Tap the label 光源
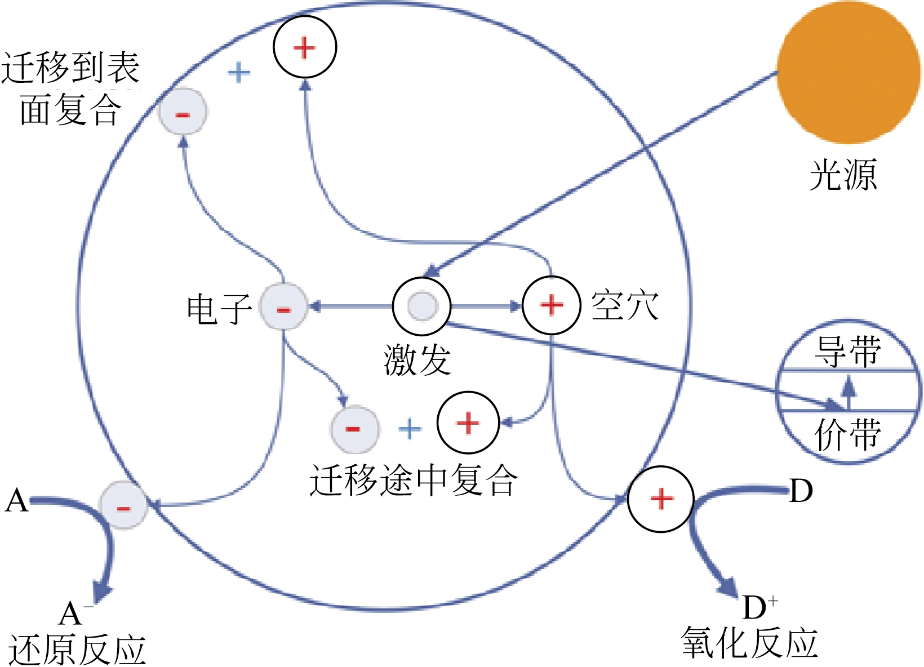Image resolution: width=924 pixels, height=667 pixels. tap(843, 175)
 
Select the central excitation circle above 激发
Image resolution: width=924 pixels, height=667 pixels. tap(421, 306)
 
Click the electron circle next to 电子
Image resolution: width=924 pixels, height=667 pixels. tap(283, 307)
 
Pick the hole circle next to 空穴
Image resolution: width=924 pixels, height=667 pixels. tap(552, 306)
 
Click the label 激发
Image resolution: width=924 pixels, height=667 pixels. tap(417, 359)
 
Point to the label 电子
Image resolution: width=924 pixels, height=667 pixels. tap(219, 309)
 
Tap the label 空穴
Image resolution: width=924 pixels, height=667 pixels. tap(624, 306)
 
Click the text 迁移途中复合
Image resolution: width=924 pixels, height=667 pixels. tap(413, 480)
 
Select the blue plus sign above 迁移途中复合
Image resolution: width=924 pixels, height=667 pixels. tap(410, 429)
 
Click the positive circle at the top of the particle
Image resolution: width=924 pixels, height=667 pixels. tap(305, 47)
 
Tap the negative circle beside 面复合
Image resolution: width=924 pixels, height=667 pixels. tap(183, 113)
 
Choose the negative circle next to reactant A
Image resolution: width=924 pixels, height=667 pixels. tap(123, 505)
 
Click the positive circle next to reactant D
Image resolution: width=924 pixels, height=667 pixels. tap(661, 499)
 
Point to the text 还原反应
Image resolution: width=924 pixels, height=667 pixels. tap(77, 650)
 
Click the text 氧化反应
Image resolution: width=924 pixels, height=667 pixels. tap(749, 642)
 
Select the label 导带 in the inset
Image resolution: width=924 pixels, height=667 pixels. tap(847, 352)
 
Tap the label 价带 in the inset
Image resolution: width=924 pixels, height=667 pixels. tap(847, 434)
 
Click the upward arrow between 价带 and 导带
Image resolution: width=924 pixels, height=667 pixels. tap(849, 392)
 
